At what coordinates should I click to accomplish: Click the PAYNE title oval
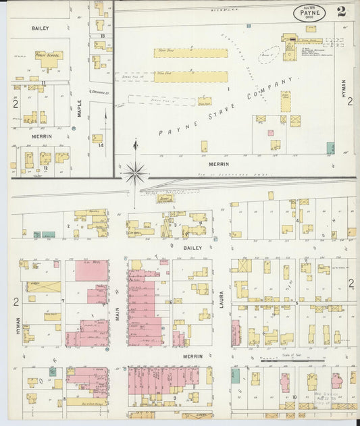(309, 11)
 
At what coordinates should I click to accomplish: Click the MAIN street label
(117, 313)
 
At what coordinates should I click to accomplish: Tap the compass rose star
(136, 174)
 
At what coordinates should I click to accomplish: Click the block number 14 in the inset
(101, 145)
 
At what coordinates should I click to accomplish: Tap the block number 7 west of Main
(63, 300)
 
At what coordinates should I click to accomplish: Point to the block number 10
(294, 397)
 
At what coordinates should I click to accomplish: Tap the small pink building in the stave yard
(270, 133)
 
